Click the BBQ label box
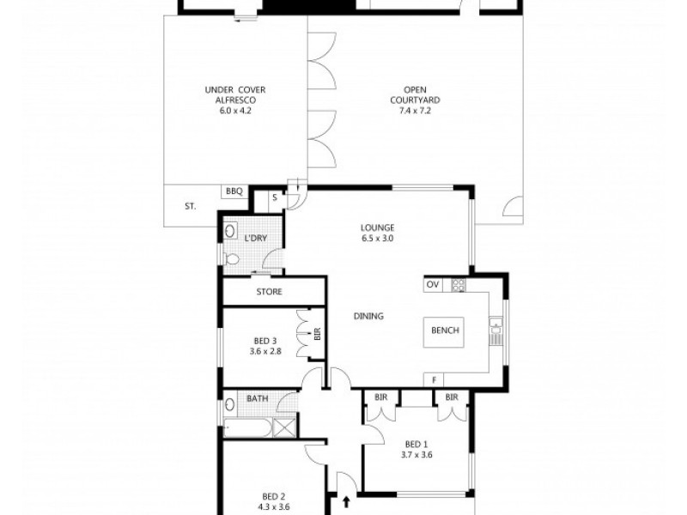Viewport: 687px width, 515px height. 234,191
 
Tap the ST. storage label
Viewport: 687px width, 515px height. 190,206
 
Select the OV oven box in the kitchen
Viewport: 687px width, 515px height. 434,285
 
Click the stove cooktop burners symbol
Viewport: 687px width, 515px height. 459,285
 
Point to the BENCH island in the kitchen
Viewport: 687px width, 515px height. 445,330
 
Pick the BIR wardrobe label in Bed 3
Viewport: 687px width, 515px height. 317,332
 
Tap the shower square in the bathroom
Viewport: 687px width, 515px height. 285,427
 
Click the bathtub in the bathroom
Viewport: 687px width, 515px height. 248,427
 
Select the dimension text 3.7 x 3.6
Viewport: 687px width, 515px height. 417,455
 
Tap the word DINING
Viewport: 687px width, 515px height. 368,317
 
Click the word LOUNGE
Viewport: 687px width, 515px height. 376,227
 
